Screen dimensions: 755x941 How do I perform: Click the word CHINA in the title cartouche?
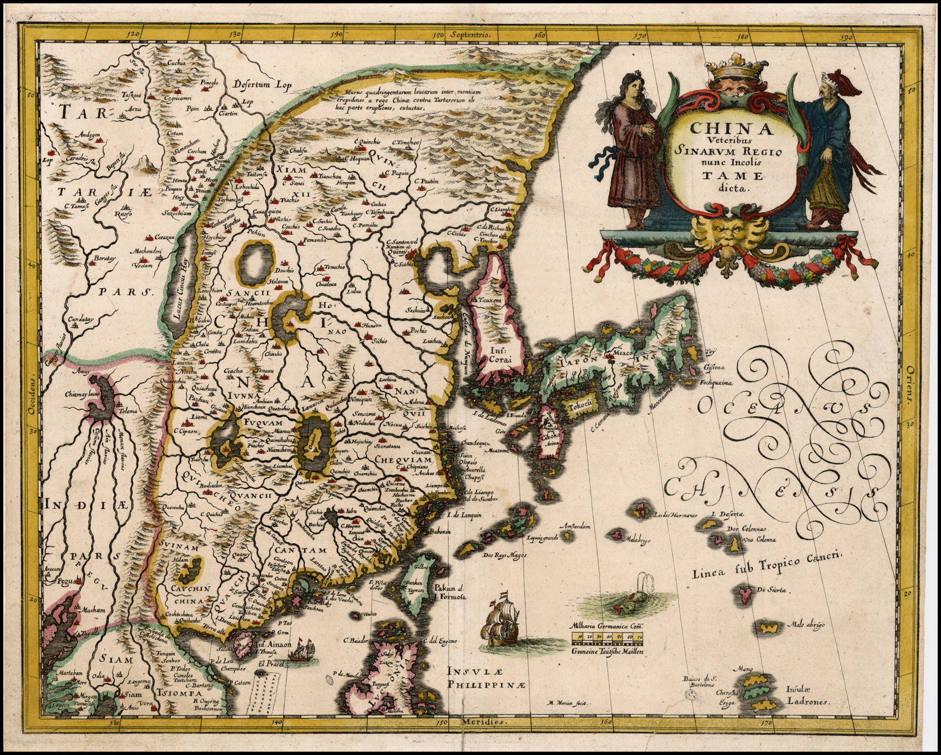731,128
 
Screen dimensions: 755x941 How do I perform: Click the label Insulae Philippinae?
479,678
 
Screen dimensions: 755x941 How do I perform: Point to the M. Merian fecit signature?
567,703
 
